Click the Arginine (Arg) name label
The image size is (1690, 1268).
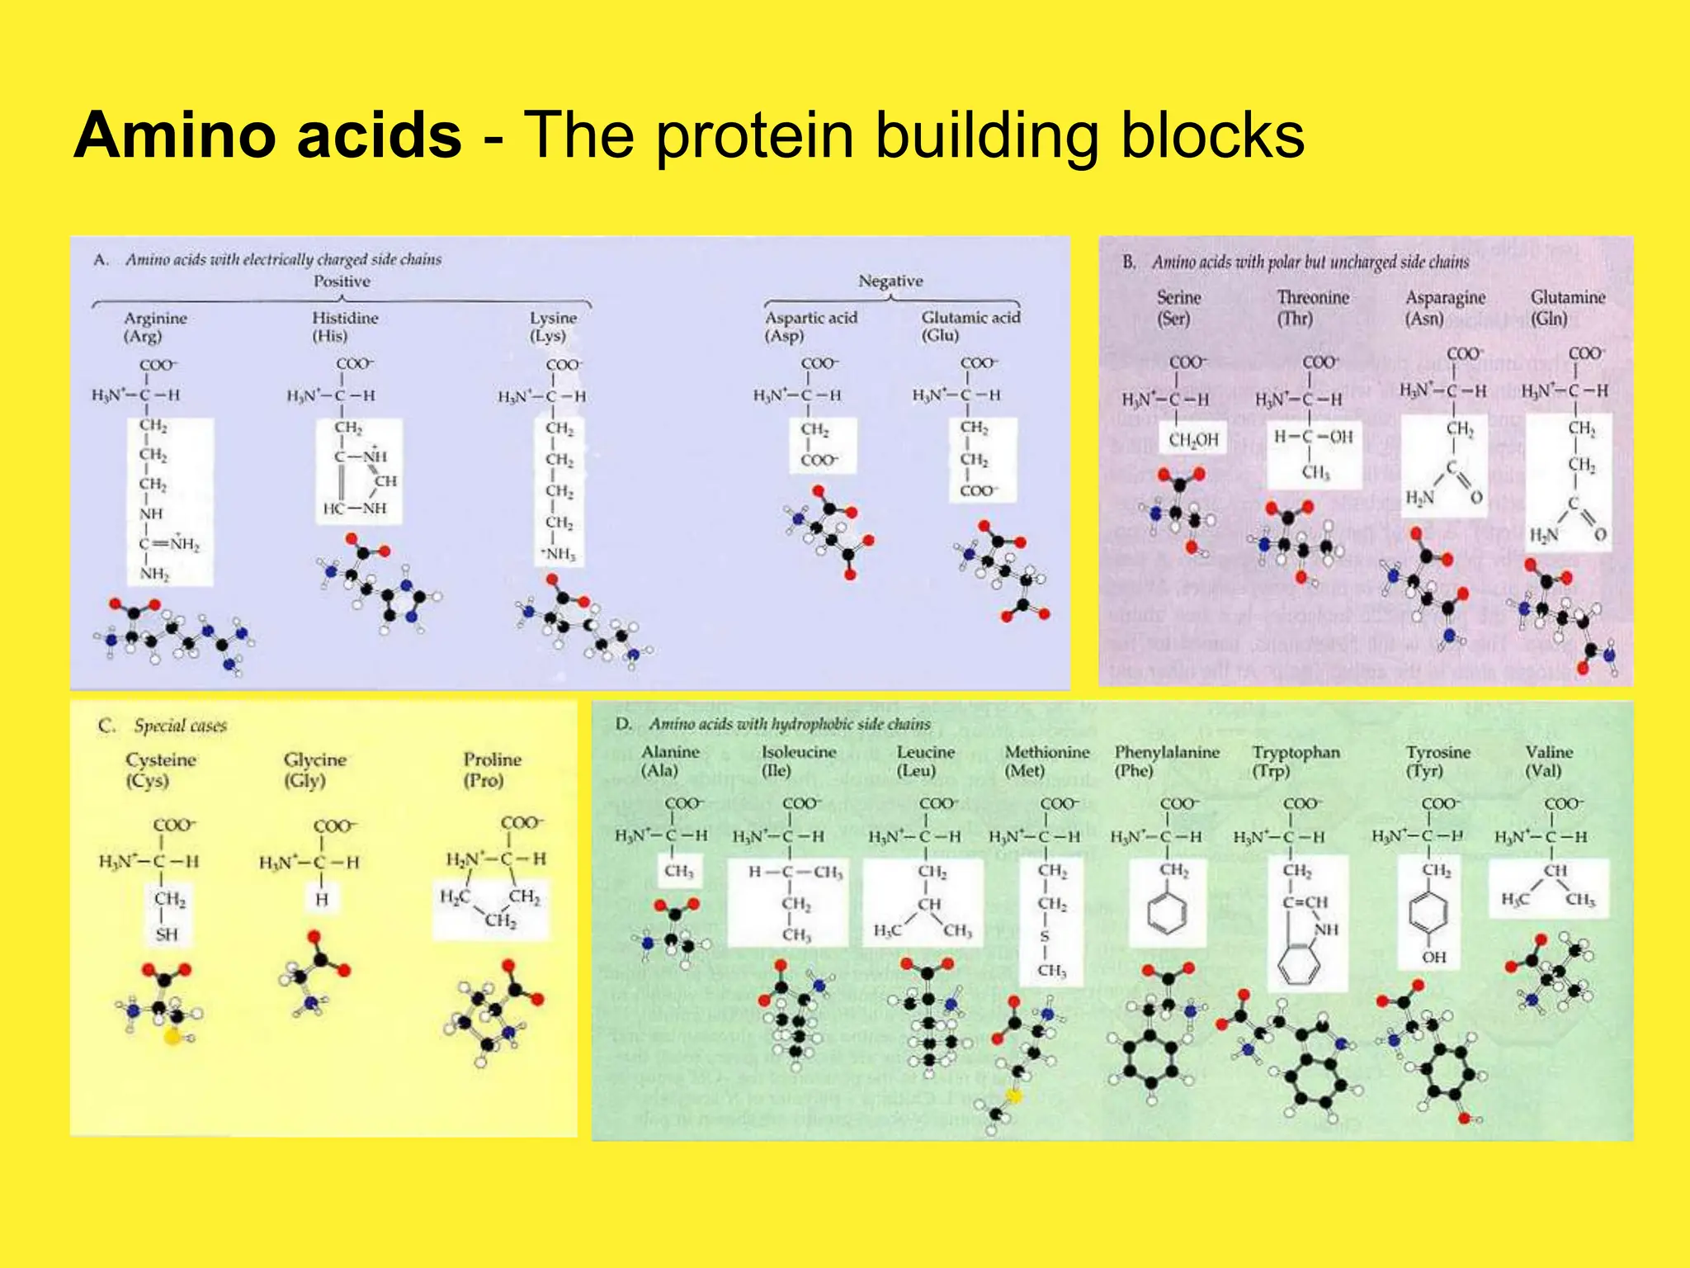pos(155,327)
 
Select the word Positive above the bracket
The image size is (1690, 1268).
pos(342,282)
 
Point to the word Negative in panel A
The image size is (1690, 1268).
pos(890,281)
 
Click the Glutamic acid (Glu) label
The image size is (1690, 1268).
pos(970,326)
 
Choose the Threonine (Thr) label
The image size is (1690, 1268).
pos(1312,307)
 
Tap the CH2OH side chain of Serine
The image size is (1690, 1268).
pos(1192,440)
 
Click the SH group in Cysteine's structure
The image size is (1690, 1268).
pos(166,934)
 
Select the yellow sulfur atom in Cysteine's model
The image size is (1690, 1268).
pos(172,1037)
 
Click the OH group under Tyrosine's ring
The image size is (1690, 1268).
pos(1433,957)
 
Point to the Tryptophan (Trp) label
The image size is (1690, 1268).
pos(1295,761)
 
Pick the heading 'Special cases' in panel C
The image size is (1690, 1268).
pos(180,726)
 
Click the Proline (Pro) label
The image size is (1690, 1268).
pos(492,769)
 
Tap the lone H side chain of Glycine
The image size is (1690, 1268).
pos(322,899)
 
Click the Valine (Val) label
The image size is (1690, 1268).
pos(1548,761)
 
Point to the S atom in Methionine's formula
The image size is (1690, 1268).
pos(1045,937)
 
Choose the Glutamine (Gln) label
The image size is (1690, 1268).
pos(1567,307)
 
